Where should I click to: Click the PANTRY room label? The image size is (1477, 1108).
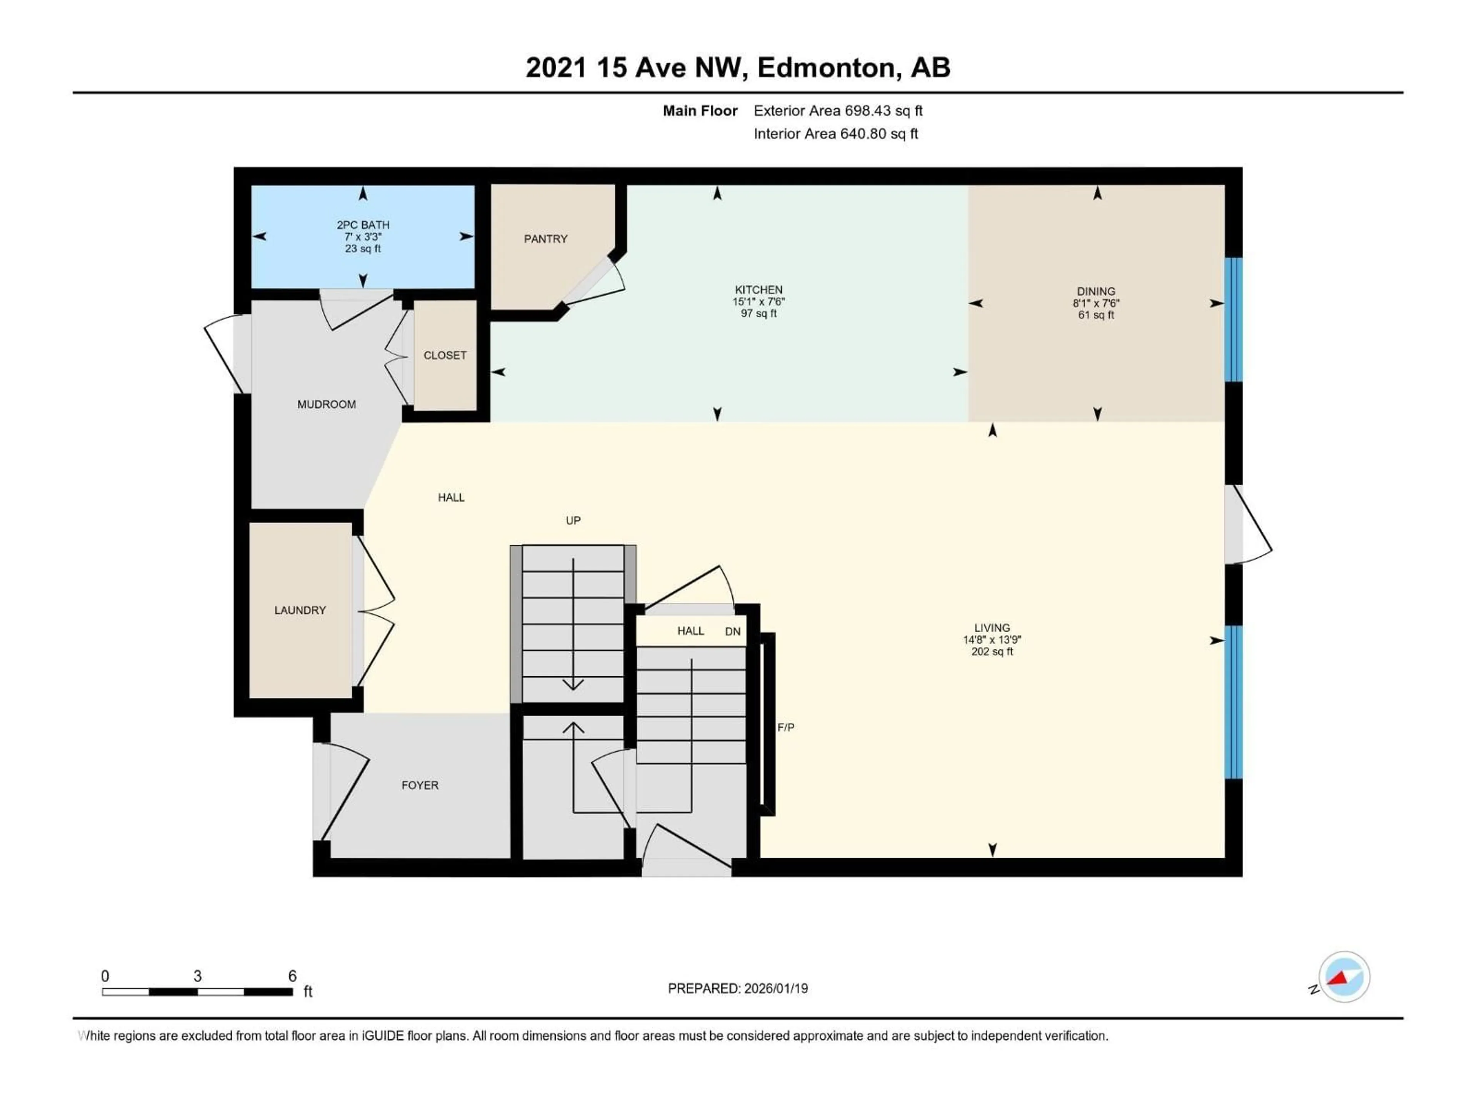point(545,239)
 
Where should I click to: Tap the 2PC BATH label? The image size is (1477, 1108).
point(363,225)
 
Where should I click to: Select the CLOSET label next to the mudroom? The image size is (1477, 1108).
point(445,355)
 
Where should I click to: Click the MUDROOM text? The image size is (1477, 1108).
point(327,404)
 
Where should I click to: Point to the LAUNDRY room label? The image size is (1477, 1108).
point(300,610)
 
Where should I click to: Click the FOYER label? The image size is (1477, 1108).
point(420,786)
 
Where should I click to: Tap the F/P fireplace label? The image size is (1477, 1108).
point(786,727)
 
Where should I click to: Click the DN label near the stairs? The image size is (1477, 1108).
point(732,632)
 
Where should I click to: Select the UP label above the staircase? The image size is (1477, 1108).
point(573,520)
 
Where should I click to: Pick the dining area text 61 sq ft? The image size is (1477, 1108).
point(1096,315)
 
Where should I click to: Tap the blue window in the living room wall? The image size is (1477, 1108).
point(1233,702)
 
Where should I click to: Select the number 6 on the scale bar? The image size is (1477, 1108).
point(292,976)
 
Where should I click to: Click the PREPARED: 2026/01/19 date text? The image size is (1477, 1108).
point(738,988)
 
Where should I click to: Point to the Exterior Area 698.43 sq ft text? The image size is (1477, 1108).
point(838,111)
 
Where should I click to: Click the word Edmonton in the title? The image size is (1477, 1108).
point(825,67)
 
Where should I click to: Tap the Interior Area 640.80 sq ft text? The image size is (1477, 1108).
point(835,133)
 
